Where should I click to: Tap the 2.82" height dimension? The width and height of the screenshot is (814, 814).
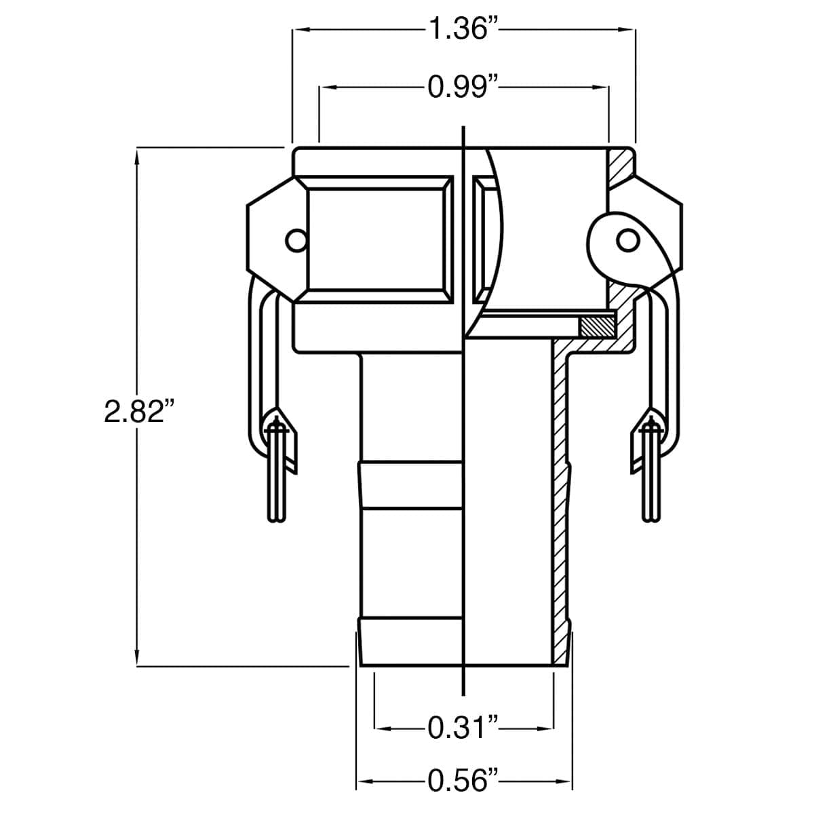136,412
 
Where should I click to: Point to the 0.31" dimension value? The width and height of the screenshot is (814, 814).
464,729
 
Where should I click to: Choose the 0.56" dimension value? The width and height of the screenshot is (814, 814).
464,781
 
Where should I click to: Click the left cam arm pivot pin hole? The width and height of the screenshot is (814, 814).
295,240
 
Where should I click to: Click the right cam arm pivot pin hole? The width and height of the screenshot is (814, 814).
626,240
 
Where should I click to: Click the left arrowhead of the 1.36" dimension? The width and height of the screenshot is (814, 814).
299,30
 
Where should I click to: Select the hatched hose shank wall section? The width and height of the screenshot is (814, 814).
560,509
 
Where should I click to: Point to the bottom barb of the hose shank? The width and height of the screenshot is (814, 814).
410,641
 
